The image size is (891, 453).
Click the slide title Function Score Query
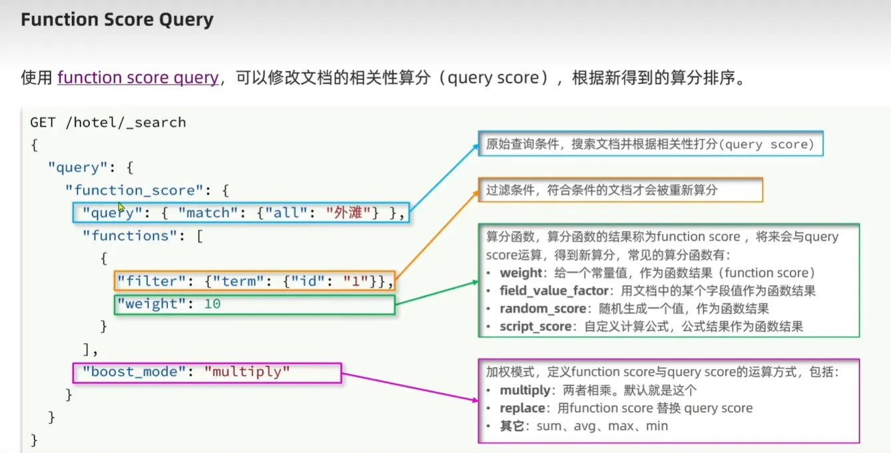[117, 20]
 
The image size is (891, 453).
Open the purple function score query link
[138, 78]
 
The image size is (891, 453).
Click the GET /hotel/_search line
[108, 123]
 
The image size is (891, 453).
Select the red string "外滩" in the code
[348, 213]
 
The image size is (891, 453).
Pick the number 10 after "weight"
[212, 304]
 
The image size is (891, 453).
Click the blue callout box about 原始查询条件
[650, 144]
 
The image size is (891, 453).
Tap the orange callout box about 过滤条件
[620, 190]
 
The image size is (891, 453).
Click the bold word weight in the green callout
[521, 273]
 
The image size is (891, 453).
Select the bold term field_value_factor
[555, 291]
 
